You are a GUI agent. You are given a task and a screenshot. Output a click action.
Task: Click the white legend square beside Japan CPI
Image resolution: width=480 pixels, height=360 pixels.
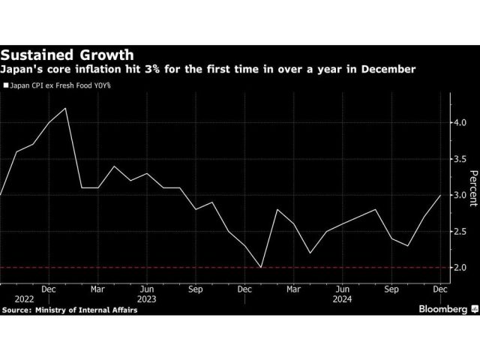(6, 86)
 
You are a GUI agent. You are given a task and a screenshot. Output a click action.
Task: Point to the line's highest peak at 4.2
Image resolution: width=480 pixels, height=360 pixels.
(66, 108)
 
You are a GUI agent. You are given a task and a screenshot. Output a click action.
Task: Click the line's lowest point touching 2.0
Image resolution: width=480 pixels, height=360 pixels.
(261, 267)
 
